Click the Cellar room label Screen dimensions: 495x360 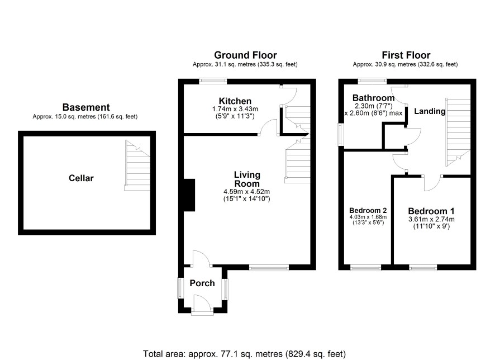[81, 178]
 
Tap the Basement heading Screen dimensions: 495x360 [86, 107]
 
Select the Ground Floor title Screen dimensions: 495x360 [245, 55]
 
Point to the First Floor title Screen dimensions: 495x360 [406, 55]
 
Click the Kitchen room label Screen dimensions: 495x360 [235, 101]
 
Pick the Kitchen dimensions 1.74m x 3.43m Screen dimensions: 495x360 [235, 109]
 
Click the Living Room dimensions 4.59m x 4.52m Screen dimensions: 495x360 [246, 191]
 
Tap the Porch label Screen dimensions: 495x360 [202, 283]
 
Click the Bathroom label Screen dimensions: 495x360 [373, 98]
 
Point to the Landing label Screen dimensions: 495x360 [430, 111]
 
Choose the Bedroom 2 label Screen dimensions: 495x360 [368, 210]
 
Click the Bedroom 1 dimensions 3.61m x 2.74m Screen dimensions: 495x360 [431, 219]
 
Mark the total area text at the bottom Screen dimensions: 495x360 [244, 354]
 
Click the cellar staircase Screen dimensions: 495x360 [137, 165]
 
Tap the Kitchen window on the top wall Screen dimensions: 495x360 [213, 81]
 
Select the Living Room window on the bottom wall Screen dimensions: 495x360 [269, 267]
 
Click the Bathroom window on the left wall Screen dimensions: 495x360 [341, 134]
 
